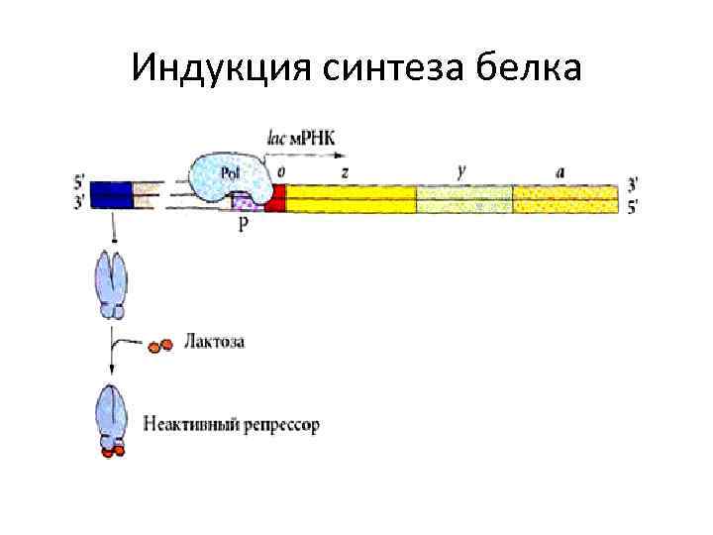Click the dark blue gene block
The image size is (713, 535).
coord(110,194)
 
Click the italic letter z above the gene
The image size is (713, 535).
coord(344,171)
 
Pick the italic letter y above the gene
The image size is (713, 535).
coord(462,170)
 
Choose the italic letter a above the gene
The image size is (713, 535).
coord(560,171)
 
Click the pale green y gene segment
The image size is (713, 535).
coord(463,198)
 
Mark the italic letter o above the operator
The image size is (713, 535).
coord(282,171)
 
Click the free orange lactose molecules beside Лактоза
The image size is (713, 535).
coord(159,346)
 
